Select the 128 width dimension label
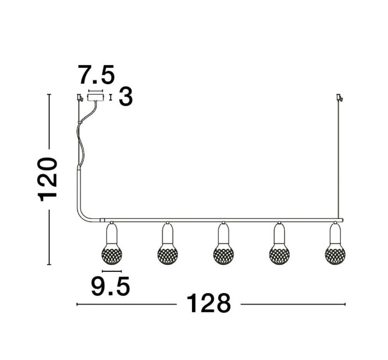[208, 304]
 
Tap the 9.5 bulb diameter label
[110, 287]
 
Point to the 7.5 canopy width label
[97, 75]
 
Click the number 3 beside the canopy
[126, 97]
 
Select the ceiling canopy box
[95, 97]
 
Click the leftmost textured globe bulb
[112, 255]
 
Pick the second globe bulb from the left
[168, 255]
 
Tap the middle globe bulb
[223, 255]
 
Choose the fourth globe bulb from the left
[279, 255]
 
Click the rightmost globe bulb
[335, 255]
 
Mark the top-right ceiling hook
[340, 97]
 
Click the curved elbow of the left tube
[83, 214]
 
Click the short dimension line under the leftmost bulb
[112, 271]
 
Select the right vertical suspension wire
[339, 163]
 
